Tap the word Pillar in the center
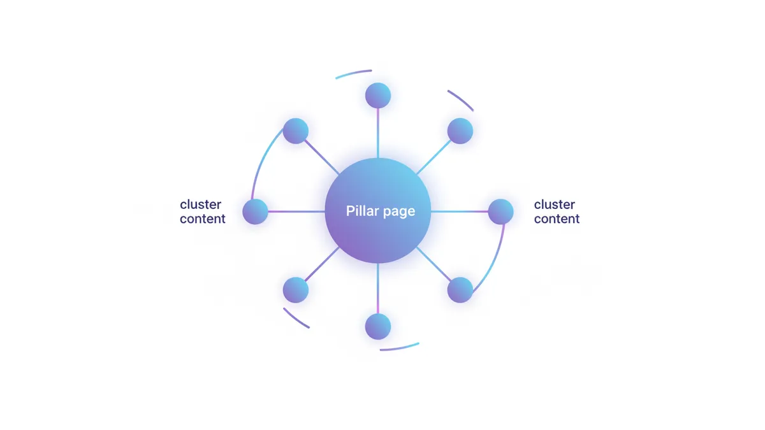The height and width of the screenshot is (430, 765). click(360, 211)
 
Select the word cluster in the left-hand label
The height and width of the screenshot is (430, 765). click(201, 204)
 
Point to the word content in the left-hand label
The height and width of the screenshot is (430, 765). click(203, 219)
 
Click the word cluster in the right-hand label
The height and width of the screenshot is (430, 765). click(555, 204)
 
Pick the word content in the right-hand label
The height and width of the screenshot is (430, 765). click(557, 219)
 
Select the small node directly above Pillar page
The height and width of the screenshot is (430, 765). click(378, 96)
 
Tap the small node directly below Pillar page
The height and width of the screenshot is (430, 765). click(378, 327)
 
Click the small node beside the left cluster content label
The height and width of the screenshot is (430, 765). click(255, 211)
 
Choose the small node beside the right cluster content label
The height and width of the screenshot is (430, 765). click(501, 211)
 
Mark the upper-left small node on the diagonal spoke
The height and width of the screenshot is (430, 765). click(296, 131)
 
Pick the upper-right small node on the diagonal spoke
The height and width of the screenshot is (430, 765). click(460, 131)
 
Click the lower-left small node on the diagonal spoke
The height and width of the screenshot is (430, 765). click(296, 290)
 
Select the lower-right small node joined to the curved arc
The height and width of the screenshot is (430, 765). click(460, 290)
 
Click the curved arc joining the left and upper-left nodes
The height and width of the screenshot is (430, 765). click(260, 159)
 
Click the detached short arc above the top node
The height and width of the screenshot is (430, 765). click(353, 73)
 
